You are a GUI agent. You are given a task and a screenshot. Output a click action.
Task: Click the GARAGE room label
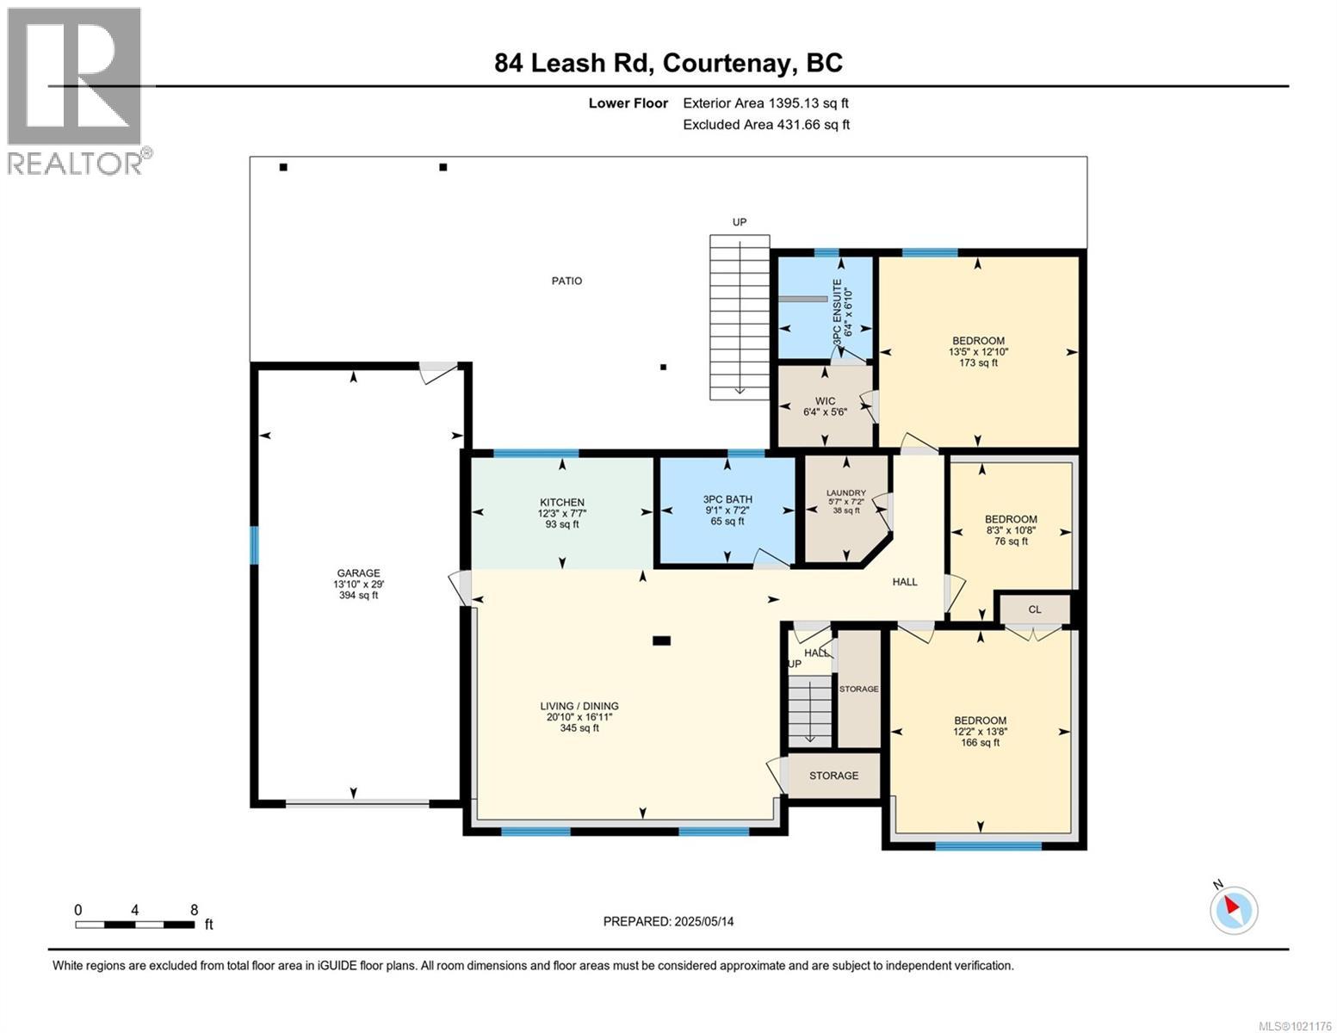click(x=358, y=573)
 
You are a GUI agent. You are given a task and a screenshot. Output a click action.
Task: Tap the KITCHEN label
click(x=562, y=503)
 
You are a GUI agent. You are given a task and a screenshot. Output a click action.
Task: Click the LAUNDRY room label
click(x=845, y=493)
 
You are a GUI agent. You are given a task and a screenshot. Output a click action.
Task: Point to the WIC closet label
click(x=825, y=401)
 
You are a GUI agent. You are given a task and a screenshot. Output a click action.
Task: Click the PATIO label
click(x=566, y=281)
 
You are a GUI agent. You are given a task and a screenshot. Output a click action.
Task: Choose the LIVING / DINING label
click(x=579, y=706)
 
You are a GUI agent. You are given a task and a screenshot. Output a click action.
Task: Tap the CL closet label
click(x=1034, y=609)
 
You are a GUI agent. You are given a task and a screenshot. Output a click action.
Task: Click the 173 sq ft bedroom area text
click(x=978, y=362)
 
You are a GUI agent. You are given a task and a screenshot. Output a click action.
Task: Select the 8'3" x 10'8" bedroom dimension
click(x=1011, y=530)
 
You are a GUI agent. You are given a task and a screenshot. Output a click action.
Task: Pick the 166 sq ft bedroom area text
click(x=980, y=742)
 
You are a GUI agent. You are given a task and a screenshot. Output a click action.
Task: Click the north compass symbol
click(x=1234, y=909)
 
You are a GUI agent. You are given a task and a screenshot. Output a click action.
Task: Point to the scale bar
click(x=134, y=925)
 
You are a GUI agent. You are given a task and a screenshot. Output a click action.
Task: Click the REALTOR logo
click(x=76, y=90)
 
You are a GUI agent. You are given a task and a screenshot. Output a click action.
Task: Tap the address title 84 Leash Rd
click(x=668, y=63)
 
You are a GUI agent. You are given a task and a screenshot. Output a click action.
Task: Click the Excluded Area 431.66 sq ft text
click(x=765, y=124)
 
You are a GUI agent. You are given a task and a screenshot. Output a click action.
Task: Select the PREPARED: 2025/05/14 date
click(x=668, y=921)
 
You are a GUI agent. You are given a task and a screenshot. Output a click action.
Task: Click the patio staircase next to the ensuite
click(x=739, y=317)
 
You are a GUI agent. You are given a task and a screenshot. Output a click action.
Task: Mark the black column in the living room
click(x=661, y=640)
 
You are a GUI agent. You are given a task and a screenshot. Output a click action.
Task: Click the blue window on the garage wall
click(x=254, y=545)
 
